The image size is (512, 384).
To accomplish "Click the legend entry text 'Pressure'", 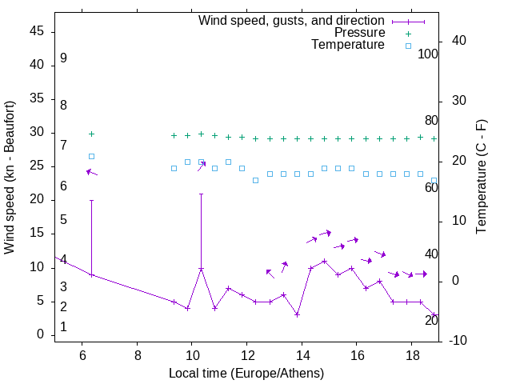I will click(360, 33).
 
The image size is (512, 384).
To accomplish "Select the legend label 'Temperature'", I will click(348, 46).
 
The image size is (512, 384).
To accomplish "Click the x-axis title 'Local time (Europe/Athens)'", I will click(246, 374).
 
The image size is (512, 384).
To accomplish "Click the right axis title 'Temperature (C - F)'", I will click(482, 178).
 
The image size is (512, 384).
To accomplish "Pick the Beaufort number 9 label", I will click(63, 58).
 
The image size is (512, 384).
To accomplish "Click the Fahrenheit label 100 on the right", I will click(429, 54).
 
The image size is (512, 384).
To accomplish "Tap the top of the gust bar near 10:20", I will click(202, 194).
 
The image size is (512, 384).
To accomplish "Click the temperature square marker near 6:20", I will click(91, 156).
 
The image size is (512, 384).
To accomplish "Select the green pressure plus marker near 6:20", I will click(91, 134).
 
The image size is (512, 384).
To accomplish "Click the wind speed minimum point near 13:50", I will click(297, 314).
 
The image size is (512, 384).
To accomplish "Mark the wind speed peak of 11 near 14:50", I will click(324, 261).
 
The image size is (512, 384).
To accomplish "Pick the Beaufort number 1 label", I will click(63, 327).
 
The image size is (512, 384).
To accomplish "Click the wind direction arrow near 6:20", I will click(91, 172).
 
